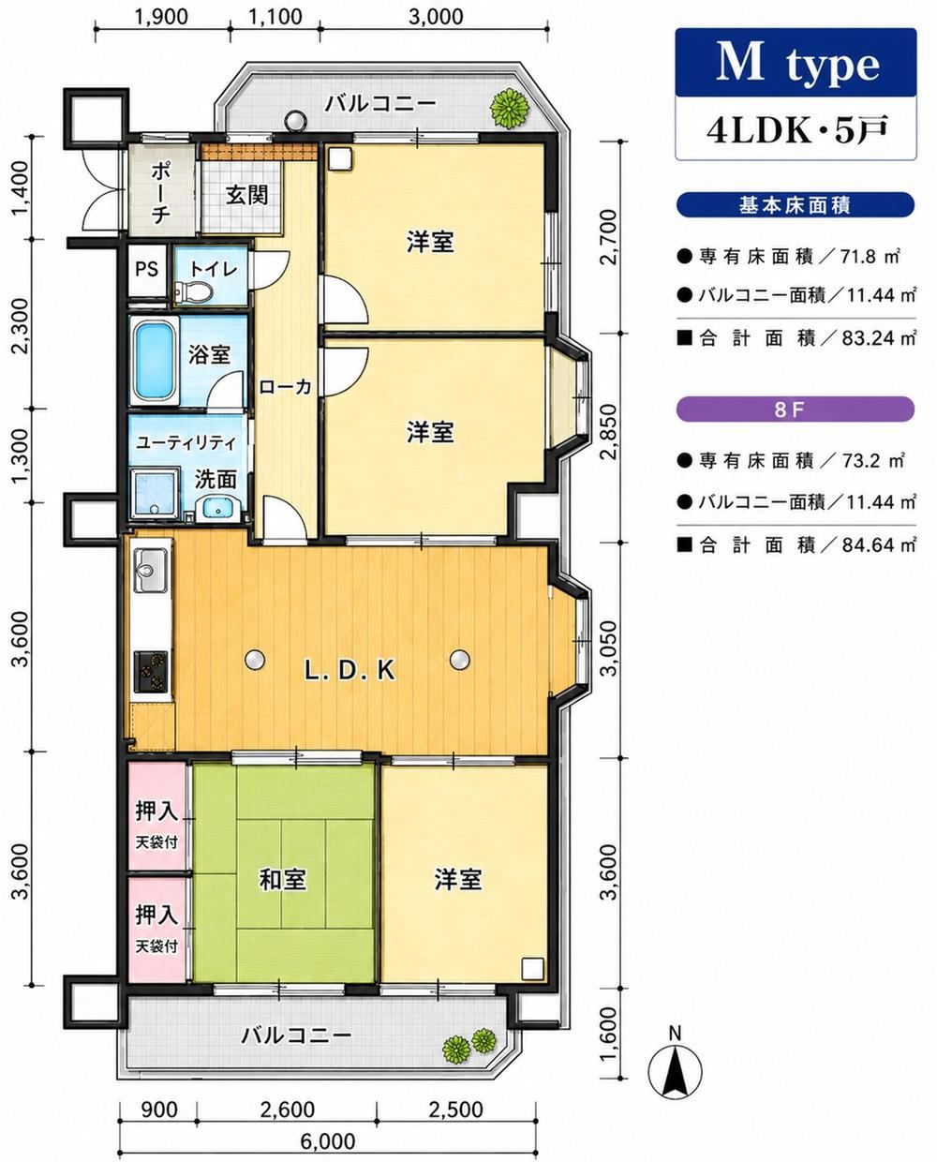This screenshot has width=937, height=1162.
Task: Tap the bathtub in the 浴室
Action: click(x=156, y=361)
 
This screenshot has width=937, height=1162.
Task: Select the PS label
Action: click(x=146, y=268)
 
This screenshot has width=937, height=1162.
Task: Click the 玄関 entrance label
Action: click(x=246, y=195)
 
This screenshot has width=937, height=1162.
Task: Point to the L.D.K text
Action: click(x=350, y=671)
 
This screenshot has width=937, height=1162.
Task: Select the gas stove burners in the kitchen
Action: click(x=151, y=671)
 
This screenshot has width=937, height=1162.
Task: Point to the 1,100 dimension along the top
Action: click(x=276, y=17)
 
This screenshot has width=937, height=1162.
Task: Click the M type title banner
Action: click(x=796, y=63)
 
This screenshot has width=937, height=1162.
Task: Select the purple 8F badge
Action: click(x=796, y=410)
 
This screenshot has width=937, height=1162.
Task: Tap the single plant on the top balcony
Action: click(x=510, y=109)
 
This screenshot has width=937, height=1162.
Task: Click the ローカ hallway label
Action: click(x=286, y=386)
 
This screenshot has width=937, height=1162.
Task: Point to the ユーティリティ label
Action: click(x=186, y=443)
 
